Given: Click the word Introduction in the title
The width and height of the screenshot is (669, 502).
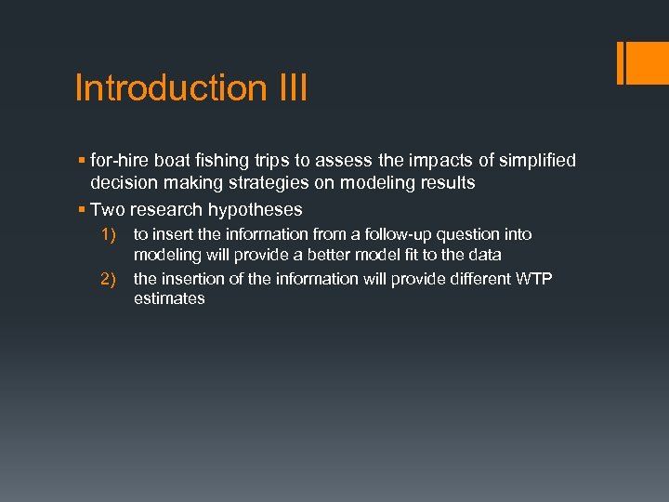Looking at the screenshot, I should click(171, 88).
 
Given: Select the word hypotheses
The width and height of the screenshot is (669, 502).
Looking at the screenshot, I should click(256, 209).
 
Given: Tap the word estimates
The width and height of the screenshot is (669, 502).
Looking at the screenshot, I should click(169, 298).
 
